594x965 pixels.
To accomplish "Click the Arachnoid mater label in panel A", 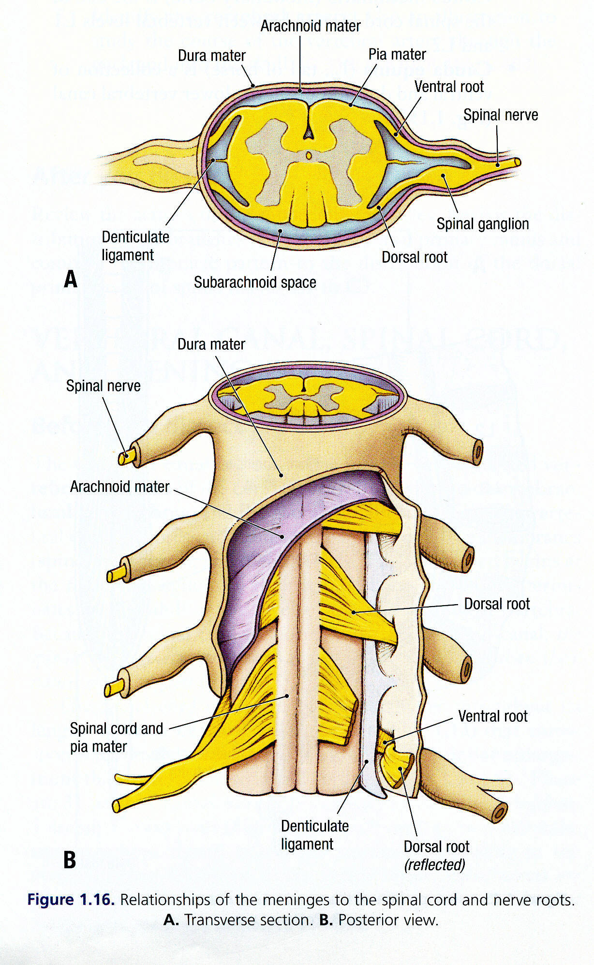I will pyautogui.click(x=310, y=26).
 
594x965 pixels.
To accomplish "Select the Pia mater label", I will pyautogui.click(x=397, y=55).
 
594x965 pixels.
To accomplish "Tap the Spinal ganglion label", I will pyautogui.click(x=482, y=224).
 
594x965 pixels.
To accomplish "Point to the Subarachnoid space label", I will pyautogui.click(x=255, y=282).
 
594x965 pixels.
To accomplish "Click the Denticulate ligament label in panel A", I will pyautogui.click(x=135, y=246).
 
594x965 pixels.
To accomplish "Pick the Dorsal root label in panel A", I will pyautogui.click(x=414, y=257).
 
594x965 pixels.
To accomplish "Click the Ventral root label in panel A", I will pyautogui.click(x=448, y=87).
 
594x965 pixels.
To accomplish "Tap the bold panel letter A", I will pyautogui.click(x=71, y=280).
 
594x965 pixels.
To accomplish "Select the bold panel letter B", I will pyautogui.click(x=70, y=860).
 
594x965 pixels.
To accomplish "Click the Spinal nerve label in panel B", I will pyautogui.click(x=103, y=386).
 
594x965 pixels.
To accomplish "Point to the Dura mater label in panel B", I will pyautogui.click(x=211, y=344).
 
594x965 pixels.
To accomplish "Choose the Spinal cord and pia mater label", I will pyautogui.click(x=116, y=737).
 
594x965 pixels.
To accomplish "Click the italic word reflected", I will pyautogui.click(x=434, y=865).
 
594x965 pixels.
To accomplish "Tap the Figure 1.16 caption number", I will pyautogui.click(x=71, y=900).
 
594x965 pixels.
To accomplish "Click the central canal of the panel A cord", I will pyautogui.click(x=309, y=156).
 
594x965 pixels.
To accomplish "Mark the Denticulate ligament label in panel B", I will pyautogui.click(x=314, y=835).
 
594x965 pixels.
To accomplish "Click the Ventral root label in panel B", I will pyautogui.click(x=492, y=716).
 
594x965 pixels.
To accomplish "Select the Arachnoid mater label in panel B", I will pyautogui.click(x=119, y=487).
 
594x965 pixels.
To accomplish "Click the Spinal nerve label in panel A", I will pyautogui.click(x=500, y=115).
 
